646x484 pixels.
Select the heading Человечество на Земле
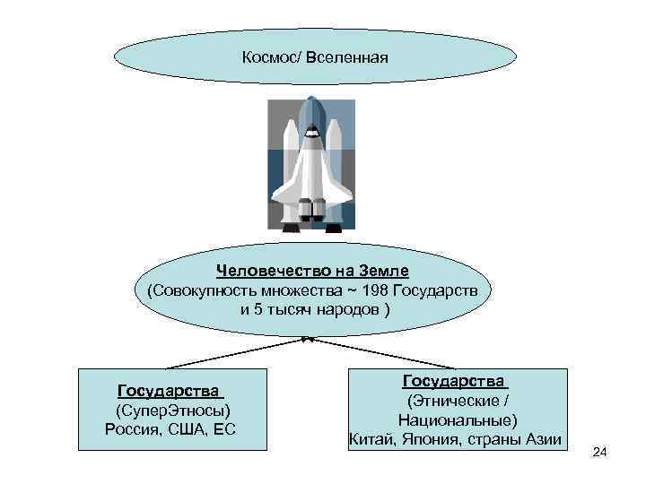click(x=311, y=272)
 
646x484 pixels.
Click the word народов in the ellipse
click(x=348, y=309)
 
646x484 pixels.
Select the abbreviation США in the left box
click(x=191, y=428)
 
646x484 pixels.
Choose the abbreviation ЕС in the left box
click(x=225, y=428)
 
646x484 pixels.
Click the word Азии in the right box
click(x=542, y=438)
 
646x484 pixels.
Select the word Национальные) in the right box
click(x=457, y=419)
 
